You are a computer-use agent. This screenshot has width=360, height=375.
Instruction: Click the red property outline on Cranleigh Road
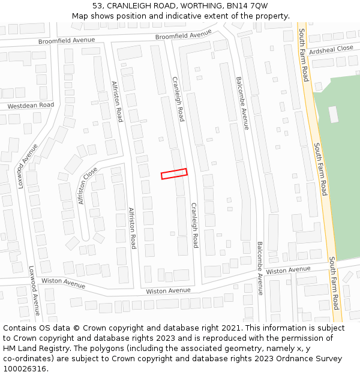pyautogui.click(x=174, y=173)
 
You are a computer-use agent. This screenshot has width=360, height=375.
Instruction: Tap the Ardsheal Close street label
pyautogui.click(x=331, y=49)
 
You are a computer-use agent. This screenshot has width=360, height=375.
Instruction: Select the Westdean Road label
pyautogui.click(x=31, y=106)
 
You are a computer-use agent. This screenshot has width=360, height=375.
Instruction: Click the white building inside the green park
pyautogui.click(x=334, y=114)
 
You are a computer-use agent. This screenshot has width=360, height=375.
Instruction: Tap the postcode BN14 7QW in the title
pyautogui.click(x=248, y=5)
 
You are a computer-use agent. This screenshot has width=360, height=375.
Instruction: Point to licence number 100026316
pyautogui.click(x=25, y=368)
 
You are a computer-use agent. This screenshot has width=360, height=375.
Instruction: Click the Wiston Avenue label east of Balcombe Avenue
pyautogui.click(x=289, y=271)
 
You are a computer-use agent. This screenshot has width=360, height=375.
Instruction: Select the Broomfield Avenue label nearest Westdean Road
pyautogui.click(x=67, y=40)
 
